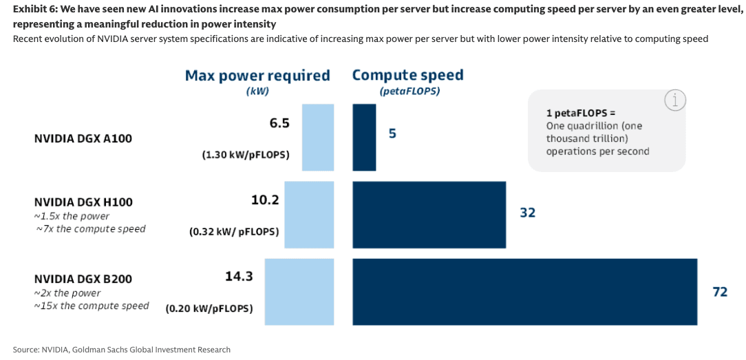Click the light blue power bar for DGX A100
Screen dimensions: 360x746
317,138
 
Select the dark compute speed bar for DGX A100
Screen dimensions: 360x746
364,138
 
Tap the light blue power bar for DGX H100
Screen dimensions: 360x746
309,215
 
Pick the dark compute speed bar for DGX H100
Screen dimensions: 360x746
429,215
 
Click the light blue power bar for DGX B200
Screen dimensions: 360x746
299,292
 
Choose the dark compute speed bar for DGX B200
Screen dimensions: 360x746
524,292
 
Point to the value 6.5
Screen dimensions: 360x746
279,123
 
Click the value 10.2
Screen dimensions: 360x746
265,200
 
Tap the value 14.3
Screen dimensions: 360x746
239,276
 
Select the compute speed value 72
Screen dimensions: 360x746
720,292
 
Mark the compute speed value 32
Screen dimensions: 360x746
527,213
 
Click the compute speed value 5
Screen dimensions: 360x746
392,134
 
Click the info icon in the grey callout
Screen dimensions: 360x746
675,100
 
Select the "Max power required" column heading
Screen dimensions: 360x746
257,76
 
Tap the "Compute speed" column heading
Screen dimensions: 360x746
408,75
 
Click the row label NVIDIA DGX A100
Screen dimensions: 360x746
83,138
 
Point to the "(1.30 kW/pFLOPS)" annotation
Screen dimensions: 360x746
246,156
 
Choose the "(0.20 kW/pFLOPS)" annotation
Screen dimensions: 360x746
209,309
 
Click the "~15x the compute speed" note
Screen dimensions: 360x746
92,306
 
